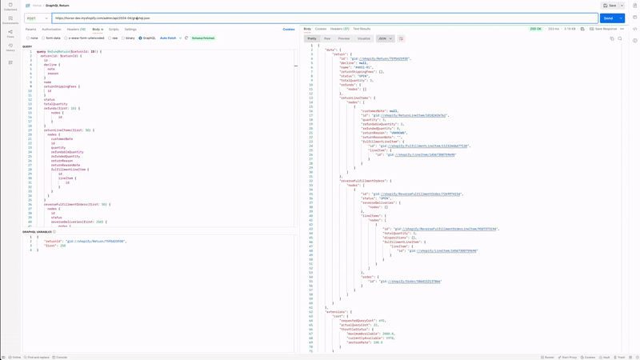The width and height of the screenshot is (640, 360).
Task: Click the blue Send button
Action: tap(608, 18)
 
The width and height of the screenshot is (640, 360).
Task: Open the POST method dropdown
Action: tap(37, 18)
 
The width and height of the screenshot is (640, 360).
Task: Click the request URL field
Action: tap(320, 18)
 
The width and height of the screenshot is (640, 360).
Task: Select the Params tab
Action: tap(30, 29)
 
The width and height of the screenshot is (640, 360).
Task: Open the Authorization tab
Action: tap(51, 29)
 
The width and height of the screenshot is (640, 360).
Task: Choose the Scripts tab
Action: tap(114, 29)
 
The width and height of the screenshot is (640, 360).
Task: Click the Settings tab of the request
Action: tap(130, 29)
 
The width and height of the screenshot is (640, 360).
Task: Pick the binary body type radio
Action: tap(127, 38)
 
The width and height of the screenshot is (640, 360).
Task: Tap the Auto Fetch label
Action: tap(168, 38)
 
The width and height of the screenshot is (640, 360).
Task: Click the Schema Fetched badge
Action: tap(203, 38)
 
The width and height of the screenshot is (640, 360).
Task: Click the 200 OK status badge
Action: tap(535, 29)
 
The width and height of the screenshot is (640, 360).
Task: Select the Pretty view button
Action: tap(312, 38)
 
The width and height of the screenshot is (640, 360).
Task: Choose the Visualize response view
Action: tap(364, 38)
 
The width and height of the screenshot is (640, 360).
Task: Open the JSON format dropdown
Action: tap(385, 38)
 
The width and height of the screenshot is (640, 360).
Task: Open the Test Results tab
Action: tap(362, 29)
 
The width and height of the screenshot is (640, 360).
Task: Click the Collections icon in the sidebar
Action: tap(10, 7)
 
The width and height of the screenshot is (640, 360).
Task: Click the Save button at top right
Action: tap(611, 6)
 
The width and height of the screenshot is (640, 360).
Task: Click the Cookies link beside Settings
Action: tap(289, 29)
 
